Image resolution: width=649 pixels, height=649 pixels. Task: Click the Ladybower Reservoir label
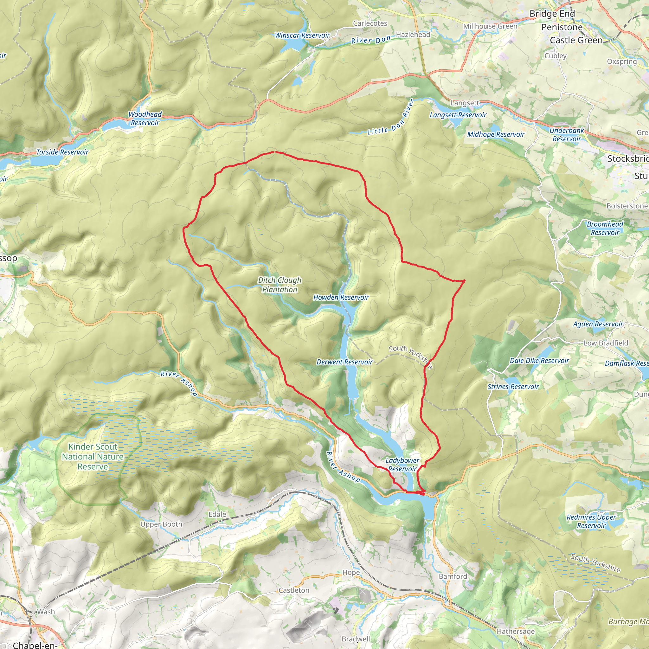(x=402, y=465)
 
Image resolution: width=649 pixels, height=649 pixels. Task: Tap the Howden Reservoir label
(x=341, y=297)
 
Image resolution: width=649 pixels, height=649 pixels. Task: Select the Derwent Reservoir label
(x=344, y=362)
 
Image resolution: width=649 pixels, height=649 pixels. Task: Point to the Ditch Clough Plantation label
(x=280, y=285)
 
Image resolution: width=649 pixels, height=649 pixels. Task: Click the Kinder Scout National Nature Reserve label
(x=93, y=457)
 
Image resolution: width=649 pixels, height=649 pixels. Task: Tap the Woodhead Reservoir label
(x=145, y=119)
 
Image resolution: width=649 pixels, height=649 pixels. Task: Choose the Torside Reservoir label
(x=62, y=152)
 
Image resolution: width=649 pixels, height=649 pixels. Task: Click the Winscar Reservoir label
(x=302, y=35)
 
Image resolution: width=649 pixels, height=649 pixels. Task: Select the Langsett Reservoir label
(x=458, y=115)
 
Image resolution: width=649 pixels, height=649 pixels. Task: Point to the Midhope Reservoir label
(x=496, y=134)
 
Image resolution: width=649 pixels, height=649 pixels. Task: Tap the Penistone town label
(x=562, y=27)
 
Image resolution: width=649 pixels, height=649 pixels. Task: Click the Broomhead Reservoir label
(x=605, y=228)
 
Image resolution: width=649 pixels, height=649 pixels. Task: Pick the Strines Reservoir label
(x=513, y=387)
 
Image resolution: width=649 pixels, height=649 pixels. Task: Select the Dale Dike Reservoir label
(x=539, y=360)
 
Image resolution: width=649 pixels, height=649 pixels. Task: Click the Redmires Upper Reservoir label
(x=591, y=521)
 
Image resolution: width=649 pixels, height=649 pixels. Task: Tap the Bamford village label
(x=453, y=576)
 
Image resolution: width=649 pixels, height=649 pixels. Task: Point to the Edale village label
(x=217, y=514)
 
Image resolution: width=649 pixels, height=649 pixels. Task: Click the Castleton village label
(x=294, y=590)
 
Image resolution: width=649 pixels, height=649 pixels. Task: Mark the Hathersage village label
(x=515, y=632)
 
